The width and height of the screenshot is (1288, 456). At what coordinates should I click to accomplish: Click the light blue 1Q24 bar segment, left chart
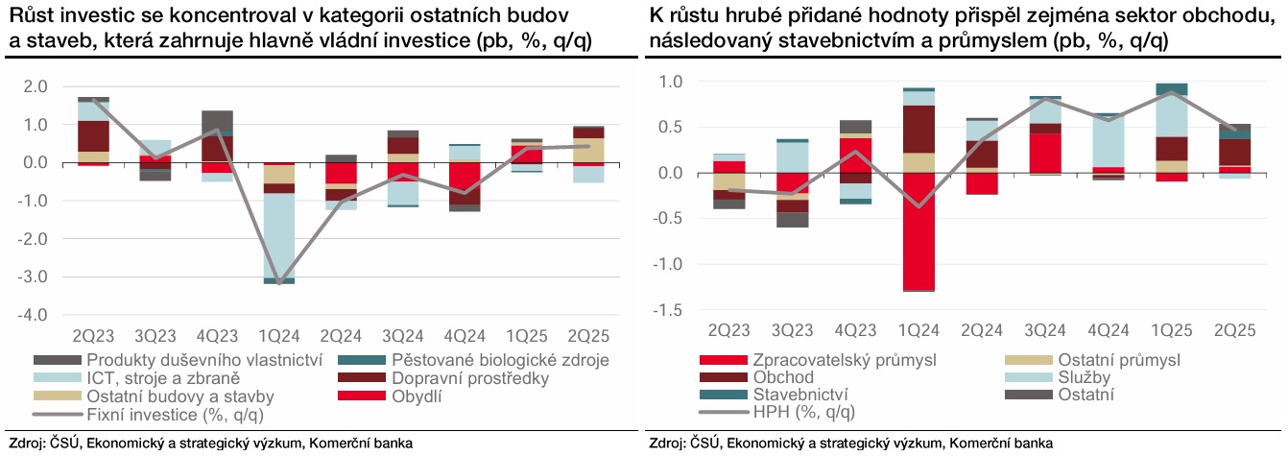[279, 234]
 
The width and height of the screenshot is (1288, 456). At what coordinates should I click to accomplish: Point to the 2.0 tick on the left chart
[36, 86]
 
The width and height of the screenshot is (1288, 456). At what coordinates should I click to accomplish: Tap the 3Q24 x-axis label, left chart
[402, 335]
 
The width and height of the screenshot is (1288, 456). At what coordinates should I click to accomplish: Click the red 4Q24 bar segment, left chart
[465, 183]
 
